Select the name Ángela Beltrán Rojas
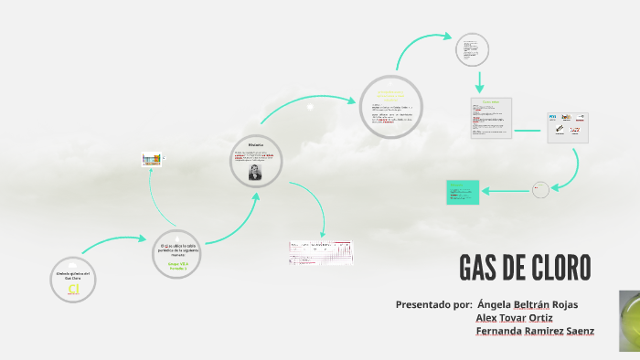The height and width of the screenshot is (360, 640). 528,304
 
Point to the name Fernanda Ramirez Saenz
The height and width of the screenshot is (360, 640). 535,331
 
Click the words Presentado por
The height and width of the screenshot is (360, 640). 433,304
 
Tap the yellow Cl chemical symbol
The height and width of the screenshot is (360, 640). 74,289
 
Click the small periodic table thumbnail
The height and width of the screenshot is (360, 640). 151,159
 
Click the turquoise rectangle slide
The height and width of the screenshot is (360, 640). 463,192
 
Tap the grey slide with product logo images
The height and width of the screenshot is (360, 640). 567,128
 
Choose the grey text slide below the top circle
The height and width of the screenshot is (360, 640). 491,118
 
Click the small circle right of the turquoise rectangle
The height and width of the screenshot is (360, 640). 541,190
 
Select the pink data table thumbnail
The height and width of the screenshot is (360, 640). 321,252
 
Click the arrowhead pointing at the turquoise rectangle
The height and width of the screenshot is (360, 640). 485,190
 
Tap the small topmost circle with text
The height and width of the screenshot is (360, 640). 473,49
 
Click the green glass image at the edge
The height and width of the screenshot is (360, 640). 630,320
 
